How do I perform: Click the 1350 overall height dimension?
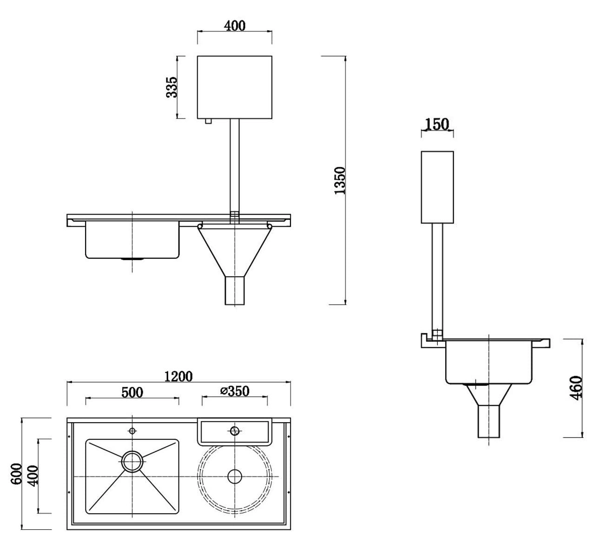(x=340, y=180)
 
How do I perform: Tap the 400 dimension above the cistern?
(x=235, y=26)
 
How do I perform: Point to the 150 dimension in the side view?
(x=437, y=124)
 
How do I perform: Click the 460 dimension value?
(x=576, y=388)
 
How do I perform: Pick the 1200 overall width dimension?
(x=178, y=376)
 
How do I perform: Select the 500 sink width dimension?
(x=132, y=392)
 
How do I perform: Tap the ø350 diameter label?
(x=235, y=391)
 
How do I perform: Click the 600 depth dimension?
(x=17, y=473)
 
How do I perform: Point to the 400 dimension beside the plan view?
(x=33, y=476)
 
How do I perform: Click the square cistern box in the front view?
(x=235, y=87)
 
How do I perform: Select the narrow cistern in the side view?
(x=437, y=187)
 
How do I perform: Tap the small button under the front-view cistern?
(x=208, y=121)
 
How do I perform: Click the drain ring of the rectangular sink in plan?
(x=132, y=461)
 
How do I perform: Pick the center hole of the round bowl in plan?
(x=235, y=476)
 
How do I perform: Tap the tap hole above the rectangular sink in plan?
(x=132, y=431)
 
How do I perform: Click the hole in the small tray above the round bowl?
(x=235, y=431)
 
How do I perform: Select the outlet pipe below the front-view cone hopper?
(x=235, y=291)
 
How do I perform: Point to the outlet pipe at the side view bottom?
(x=488, y=421)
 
